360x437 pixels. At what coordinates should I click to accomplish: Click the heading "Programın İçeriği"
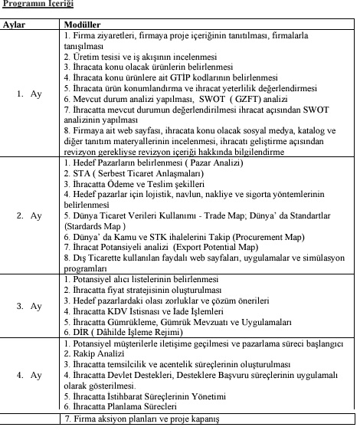(38, 6)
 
